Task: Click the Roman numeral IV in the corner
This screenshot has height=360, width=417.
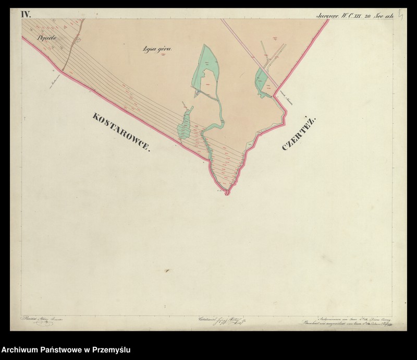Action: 26,14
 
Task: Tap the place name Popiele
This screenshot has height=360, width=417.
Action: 46,38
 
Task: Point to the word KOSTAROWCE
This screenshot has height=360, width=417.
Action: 120,131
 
